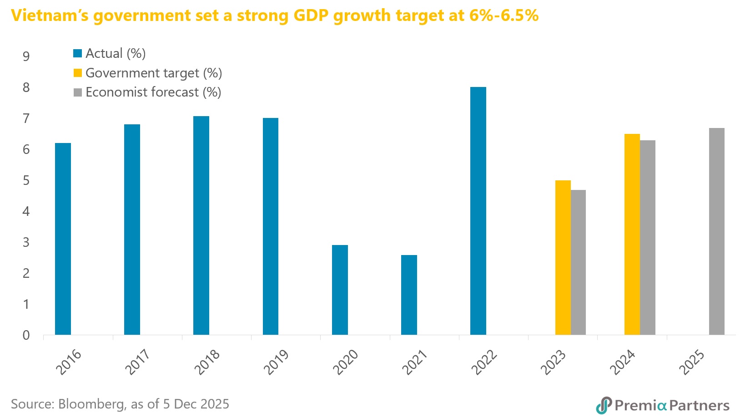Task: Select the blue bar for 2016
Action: pos(63,239)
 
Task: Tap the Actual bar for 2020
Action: pos(340,290)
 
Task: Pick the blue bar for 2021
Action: pos(409,295)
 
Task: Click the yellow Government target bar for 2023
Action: pos(563,257)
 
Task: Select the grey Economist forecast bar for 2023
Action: pos(578,262)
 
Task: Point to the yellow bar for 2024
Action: pos(632,234)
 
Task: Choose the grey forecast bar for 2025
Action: pos(716,231)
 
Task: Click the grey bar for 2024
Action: pos(648,237)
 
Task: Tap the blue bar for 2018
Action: pos(201,225)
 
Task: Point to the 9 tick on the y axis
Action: pos(26,56)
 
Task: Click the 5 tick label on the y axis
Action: pos(26,181)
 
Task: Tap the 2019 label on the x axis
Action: pos(276,362)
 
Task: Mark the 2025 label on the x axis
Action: pos(691,362)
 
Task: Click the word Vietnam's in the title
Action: pos(50,15)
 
